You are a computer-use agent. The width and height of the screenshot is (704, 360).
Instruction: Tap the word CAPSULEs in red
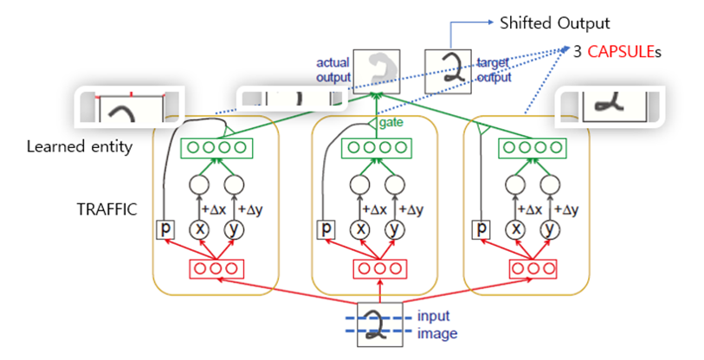pyautogui.click(x=622, y=52)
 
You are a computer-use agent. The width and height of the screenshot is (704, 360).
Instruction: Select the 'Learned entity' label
pyautogui.click(x=80, y=146)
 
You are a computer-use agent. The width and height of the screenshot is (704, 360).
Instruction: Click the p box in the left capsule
pyautogui.click(x=165, y=229)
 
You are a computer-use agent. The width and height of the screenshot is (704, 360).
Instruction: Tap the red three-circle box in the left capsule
pyautogui.click(x=217, y=268)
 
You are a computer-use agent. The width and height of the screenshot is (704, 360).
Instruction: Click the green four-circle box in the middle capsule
pyautogui.click(x=376, y=148)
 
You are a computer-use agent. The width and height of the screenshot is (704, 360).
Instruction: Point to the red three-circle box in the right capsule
pyautogui.click(x=530, y=268)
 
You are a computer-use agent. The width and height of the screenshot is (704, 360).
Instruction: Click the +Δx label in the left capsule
pyautogui.click(x=213, y=209)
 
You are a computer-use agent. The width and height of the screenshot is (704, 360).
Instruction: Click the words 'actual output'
pyautogui.click(x=333, y=70)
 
